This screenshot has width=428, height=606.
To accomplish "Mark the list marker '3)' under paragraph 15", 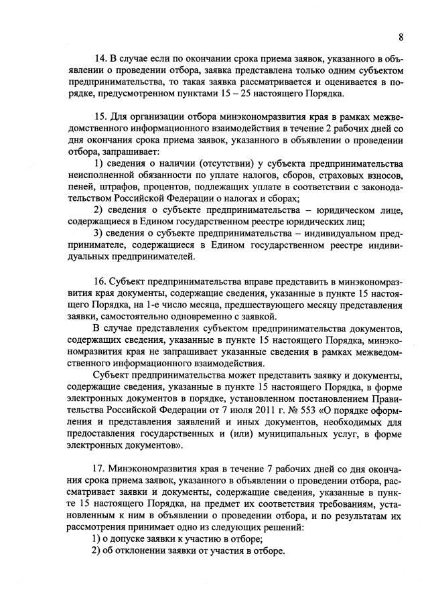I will click(x=98, y=233).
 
